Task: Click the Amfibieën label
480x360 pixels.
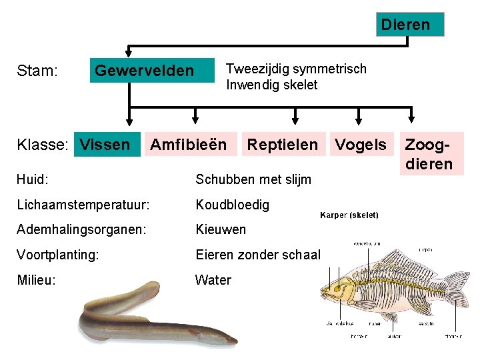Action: tap(188, 144)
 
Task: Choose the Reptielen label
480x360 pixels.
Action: tap(282, 144)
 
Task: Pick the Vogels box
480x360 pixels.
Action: tap(360, 145)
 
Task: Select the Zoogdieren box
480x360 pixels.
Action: tap(429, 154)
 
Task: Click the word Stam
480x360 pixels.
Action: tap(36, 71)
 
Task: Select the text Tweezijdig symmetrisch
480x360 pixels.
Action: tap(296, 69)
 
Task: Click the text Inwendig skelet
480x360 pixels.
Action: tap(271, 85)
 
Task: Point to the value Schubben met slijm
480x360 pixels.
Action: tap(253, 179)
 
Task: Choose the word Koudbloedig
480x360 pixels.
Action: tap(232, 205)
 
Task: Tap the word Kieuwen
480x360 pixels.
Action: tap(221, 230)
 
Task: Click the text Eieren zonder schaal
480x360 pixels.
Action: tap(258, 255)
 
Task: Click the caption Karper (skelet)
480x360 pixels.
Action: tap(349, 215)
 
